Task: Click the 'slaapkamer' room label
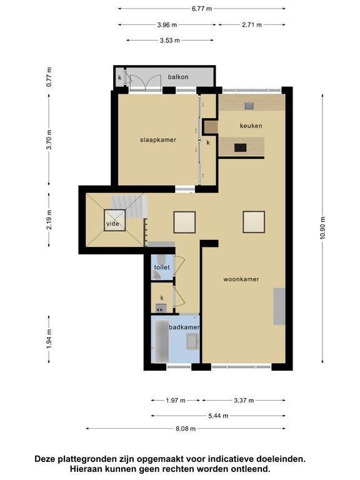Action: (x=158, y=140)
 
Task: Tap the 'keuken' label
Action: (x=251, y=126)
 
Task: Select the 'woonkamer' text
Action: (x=241, y=279)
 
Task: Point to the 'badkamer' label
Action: (x=184, y=327)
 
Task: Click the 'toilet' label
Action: (x=162, y=267)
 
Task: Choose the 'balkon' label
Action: (x=178, y=77)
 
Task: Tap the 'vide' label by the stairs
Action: (x=112, y=224)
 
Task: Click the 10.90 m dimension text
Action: (x=322, y=228)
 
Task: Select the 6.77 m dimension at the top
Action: (x=202, y=9)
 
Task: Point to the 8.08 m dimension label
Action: (x=186, y=429)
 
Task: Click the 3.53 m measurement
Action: (x=169, y=40)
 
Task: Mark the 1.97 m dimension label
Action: (x=176, y=401)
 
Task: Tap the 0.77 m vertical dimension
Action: (x=49, y=77)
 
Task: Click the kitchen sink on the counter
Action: (x=249, y=106)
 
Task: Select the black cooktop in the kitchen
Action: (x=240, y=148)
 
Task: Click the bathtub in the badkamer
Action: (x=161, y=341)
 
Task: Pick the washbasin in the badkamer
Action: (x=192, y=341)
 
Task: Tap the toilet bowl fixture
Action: (x=162, y=259)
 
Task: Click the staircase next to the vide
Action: (x=129, y=206)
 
